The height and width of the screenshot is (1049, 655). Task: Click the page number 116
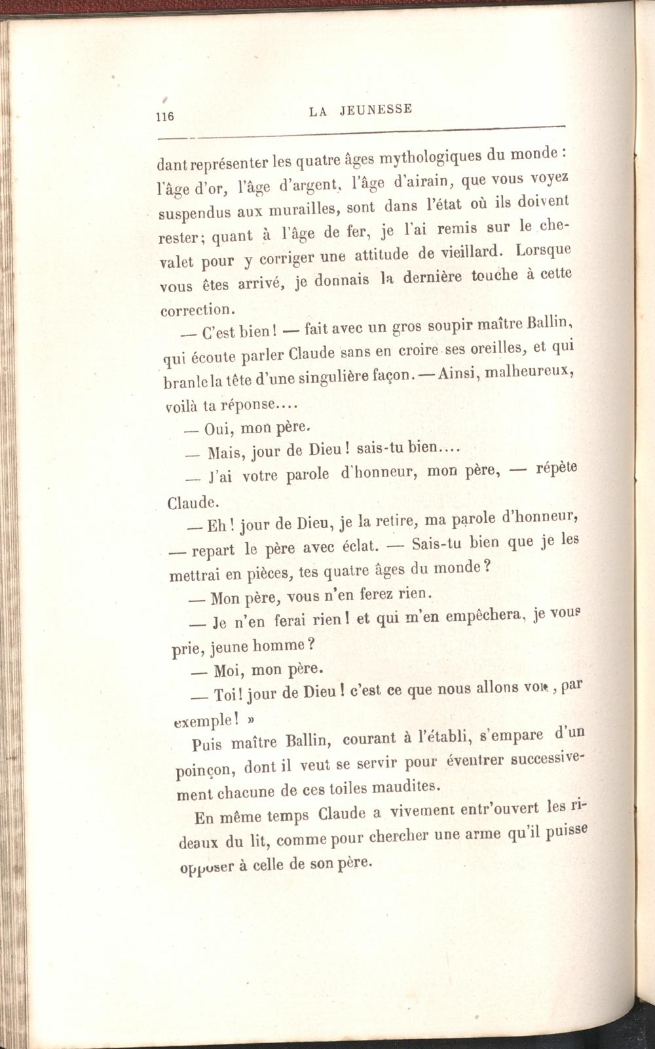click(x=164, y=117)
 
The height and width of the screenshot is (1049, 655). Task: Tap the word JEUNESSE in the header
click(x=376, y=109)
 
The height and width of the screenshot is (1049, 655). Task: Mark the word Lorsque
click(x=544, y=250)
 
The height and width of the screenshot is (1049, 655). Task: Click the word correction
click(x=196, y=309)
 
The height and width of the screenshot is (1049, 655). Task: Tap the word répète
click(x=556, y=468)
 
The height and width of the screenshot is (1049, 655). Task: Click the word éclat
click(x=354, y=545)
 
